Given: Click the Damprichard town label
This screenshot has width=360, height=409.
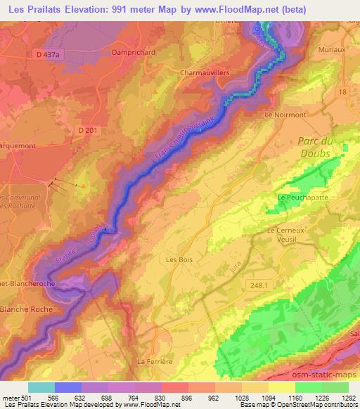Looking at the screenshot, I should click(133, 52).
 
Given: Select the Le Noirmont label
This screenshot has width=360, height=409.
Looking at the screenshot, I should click(285, 114).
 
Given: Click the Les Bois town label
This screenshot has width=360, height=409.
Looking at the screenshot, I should click(179, 259).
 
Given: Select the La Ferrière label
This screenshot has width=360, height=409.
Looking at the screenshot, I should click(155, 361).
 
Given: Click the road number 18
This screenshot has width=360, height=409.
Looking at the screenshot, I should click(342, 92).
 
